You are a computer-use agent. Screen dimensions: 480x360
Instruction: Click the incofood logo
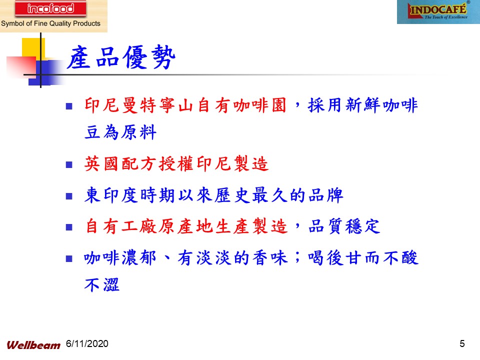pyautogui.click(x=50, y=8)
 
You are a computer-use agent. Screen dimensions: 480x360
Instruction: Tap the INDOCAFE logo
pyautogui.click(x=438, y=12)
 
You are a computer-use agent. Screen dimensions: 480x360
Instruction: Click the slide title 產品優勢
pyautogui.click(x=121, y=57)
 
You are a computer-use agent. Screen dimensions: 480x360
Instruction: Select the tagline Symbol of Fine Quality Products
pyautogui.click(x=51, y=23)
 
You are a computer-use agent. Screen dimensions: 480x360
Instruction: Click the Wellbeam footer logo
pyautogui.click(x=33, y=345)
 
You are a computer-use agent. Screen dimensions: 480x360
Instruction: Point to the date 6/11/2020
pyautogui.click(x=87, y=344)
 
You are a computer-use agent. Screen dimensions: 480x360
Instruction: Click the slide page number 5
pyautogui.click(x=462, y=343)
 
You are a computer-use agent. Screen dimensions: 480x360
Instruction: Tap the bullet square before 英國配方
pyautogui.click(x=69, y=165)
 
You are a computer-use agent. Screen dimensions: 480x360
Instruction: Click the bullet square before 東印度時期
pyautogui.click(x=69, y=196)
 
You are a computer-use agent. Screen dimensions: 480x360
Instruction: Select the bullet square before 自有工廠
pyautogui.click(x=69, y=227)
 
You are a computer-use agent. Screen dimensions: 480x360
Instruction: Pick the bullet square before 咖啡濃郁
pyautogui.click(x=69, y=259)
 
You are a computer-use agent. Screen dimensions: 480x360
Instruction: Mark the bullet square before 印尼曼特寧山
pyautogui.click(x=69, y=106)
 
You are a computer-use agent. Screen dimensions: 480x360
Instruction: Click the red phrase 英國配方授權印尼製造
pyautogui.click(x=176, y=163)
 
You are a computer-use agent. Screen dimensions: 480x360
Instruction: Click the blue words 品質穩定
pyautogui.click(x=344, y=226)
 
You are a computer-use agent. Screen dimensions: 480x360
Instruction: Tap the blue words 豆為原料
pyautogui.click(x=120, y=132)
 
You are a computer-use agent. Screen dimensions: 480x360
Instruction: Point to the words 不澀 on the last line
pyautogui.click(x=102, y=284)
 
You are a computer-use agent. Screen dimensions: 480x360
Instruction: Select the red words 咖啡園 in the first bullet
pyautogui.click(x=260, y=105)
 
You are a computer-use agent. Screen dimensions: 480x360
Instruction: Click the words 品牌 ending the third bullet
pyautogui.click(x=325, y=195)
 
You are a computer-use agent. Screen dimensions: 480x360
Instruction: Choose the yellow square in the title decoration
pyautogui.click(x=33, y=48)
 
